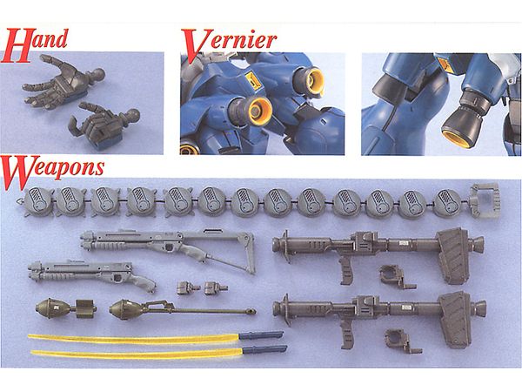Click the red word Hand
click(x=35, y=45)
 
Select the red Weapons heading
click(x=53, y=171)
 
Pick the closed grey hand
click(x=104, y=125)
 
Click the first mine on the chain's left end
click(x=39, y=202)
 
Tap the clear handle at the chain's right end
click(x=485, y=200)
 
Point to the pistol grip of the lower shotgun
click(x=142, y=281)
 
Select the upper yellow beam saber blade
click(x=133, y=339)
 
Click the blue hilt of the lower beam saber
click(x=264, y=349)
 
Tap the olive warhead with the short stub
click(x=65, y=308)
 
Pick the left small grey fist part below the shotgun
click(x=188, y=287)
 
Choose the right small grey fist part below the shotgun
click(x=216, y=287)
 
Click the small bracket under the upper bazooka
click(x=396, y=275)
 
